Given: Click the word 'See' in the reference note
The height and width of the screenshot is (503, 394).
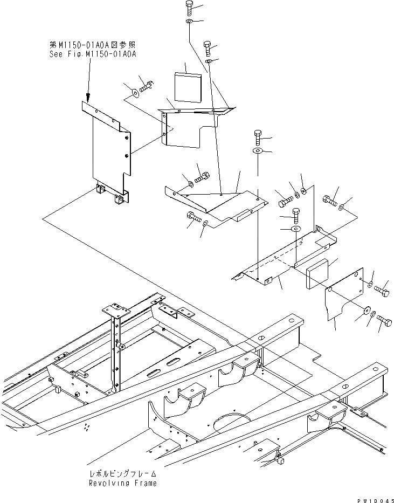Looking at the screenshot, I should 56,54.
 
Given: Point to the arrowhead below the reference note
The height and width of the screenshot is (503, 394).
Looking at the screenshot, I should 87,99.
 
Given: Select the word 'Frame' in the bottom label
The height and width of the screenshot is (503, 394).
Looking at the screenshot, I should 145,483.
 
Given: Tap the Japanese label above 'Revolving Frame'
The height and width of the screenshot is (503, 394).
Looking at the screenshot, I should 123,473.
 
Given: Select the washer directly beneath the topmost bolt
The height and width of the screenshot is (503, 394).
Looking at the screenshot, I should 189,22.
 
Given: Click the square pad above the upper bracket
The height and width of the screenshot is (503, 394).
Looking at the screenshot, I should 186,86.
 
